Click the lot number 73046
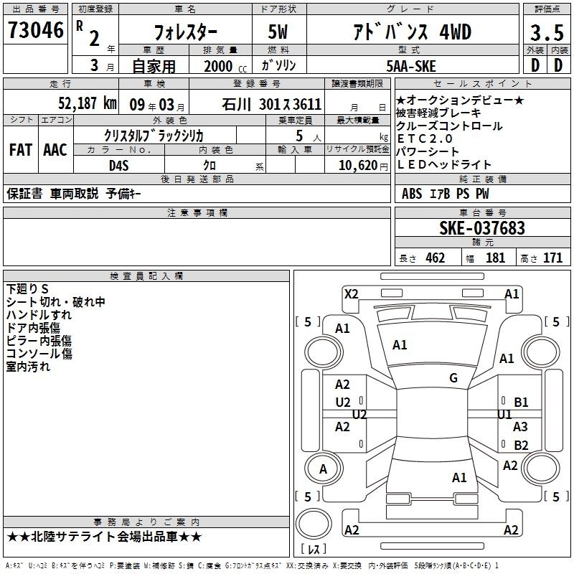click(35, 30)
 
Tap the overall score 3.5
click(547, 32)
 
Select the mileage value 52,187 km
click(88, 103)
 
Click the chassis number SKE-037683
click(482, 228)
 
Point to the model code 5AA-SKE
click(411, 66)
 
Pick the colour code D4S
click(119, 166)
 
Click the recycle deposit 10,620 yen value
click(363, 166)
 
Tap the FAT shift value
click(21, 150)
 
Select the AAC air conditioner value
click(55, 150)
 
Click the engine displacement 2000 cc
click(225, 66)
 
